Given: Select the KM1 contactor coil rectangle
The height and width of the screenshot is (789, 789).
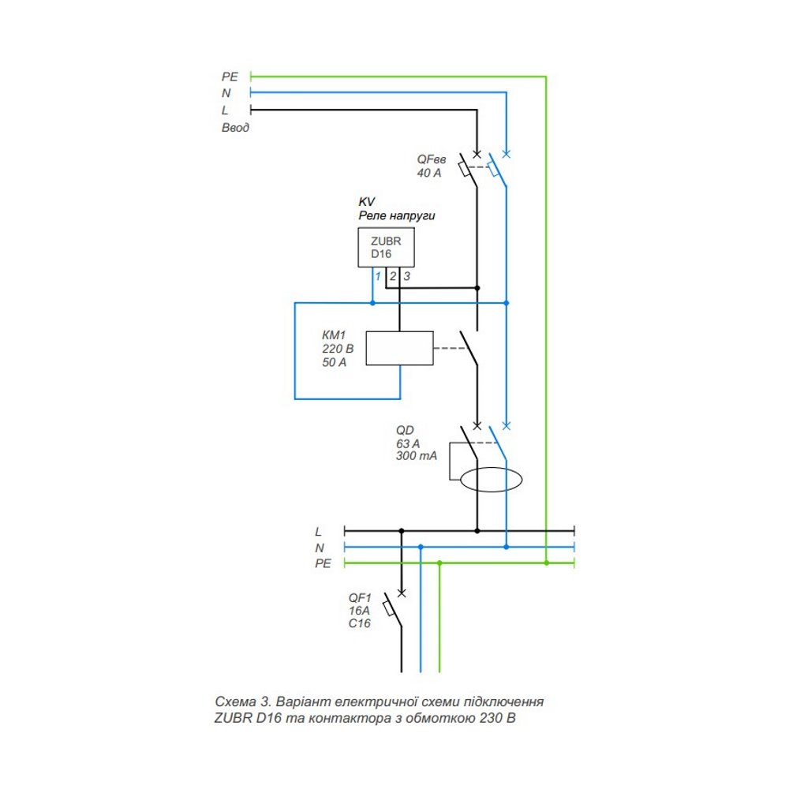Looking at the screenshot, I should pyautogui.click(x=401, y=348).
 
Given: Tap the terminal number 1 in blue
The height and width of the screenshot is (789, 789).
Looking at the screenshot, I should pyautogui.click(x=377, y=277).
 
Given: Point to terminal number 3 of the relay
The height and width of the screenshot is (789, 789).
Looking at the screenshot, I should pyautogui.click(x=406, y=277).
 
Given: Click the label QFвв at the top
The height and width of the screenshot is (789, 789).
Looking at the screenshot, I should pyautogui.click(x=432, y=158).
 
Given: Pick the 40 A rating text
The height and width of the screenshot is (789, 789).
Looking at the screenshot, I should pyautogui.click(x=429, y=172).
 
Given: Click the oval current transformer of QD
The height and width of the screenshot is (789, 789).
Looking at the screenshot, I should pyautogui.click(x=492, y=480).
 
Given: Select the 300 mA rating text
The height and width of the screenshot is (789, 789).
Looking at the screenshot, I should pyautogui.click(x=416, y=457).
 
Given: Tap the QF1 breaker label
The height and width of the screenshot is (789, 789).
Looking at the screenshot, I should pyautogui.click(x=360, y=597).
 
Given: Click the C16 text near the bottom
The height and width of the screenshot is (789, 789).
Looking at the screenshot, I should pyautogui.click(x=359, y=623).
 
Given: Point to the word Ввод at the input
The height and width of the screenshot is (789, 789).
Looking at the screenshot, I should pyautogui.click(x=235, y=127).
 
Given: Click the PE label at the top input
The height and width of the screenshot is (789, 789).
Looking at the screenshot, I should pyautogui.click(x=229, y=77).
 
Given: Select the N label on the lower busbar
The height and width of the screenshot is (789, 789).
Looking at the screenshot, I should pyautogui.click(x=319, y=548).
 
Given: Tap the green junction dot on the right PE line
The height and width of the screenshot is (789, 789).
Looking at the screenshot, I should pyautogui.click(x=546, y=563).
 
